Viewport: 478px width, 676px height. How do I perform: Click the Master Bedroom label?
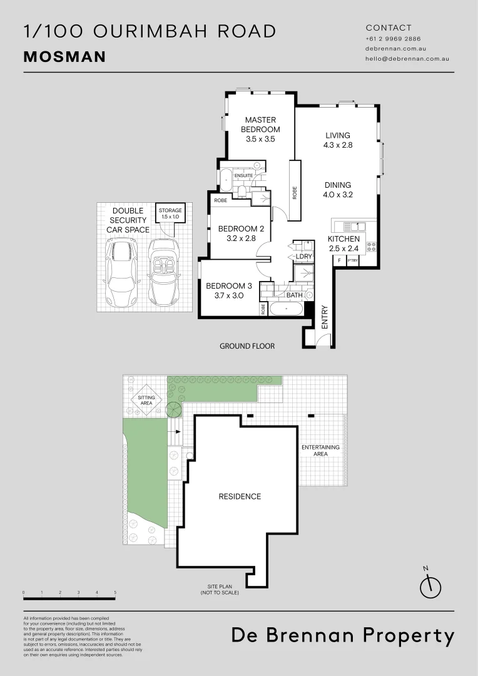(261, 130)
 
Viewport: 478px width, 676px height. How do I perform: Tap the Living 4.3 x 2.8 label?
(338, 140)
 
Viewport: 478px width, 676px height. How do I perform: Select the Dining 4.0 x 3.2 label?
(338, 190)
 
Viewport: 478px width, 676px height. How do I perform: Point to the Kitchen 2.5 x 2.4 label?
(344, 243)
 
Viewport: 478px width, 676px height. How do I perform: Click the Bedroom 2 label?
(241, 233)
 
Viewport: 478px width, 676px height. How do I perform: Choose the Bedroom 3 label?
(229, 290)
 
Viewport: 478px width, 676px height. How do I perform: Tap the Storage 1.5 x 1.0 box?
(170, 213)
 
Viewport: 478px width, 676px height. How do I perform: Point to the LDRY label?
(304, 257)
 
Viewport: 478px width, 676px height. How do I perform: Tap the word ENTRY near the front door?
(325, 317)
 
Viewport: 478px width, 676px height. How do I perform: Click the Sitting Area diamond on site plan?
(146, 400)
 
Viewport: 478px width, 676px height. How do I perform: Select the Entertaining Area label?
(320, 451)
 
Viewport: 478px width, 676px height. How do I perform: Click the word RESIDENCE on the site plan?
(240, 496)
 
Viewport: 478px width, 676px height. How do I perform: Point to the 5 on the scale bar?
(115, 591)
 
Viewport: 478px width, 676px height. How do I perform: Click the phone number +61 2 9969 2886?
(394, 39)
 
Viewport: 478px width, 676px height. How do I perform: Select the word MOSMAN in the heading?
(64, 57)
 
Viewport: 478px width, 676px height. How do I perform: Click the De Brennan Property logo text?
(343, 636)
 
